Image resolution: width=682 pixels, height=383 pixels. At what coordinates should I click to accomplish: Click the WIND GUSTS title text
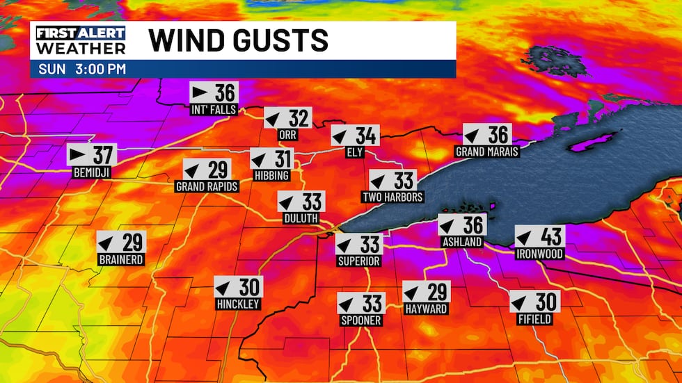238,40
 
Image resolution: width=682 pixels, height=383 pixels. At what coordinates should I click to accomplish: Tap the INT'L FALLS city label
214,110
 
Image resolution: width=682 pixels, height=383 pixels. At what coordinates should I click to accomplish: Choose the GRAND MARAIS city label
487,152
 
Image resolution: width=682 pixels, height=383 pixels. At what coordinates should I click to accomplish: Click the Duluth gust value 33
312,202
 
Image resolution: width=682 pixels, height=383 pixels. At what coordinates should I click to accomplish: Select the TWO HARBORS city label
392,197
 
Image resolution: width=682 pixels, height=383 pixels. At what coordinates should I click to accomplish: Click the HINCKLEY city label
237,304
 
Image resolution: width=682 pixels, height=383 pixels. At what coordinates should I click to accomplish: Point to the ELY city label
355,153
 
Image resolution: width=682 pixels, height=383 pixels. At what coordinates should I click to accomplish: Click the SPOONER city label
361,320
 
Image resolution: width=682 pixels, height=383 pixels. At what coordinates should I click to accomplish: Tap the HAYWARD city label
426,309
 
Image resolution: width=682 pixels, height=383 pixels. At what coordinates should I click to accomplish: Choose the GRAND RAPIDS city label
207,187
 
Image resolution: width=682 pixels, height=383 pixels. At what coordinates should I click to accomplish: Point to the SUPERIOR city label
359,261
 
